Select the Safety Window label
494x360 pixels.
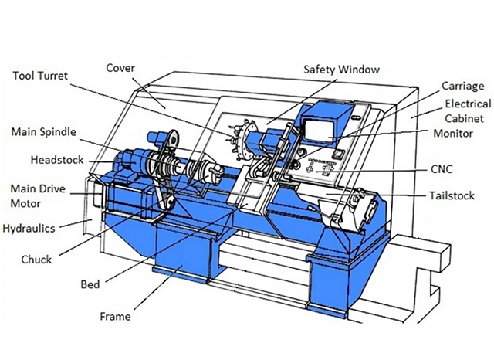click(x=342, y=69)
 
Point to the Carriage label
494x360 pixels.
click(x=462, y=86)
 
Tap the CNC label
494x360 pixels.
click(x=445, y=168)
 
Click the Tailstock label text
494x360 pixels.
click(x=452, y=195)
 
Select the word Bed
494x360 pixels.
click(x=90, y=284)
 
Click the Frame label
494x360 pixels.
click(x=115, y=316)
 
